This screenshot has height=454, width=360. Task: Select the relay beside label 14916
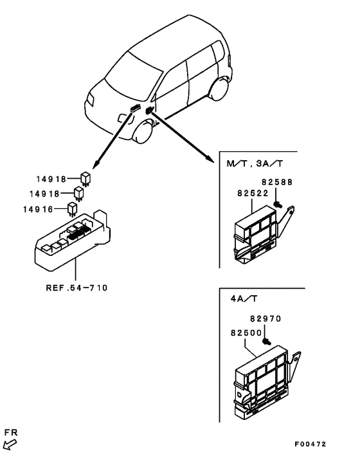click(x=73, y=208)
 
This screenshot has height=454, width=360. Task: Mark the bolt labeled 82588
click(x=276, y=204)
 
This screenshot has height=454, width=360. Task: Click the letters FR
click(x=10, y=432)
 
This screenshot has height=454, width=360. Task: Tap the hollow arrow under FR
click(x=10, y=443)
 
